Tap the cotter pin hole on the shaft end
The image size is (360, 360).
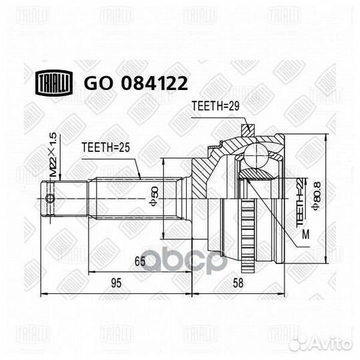click(49, 198)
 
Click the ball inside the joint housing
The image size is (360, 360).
click(254, 158)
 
